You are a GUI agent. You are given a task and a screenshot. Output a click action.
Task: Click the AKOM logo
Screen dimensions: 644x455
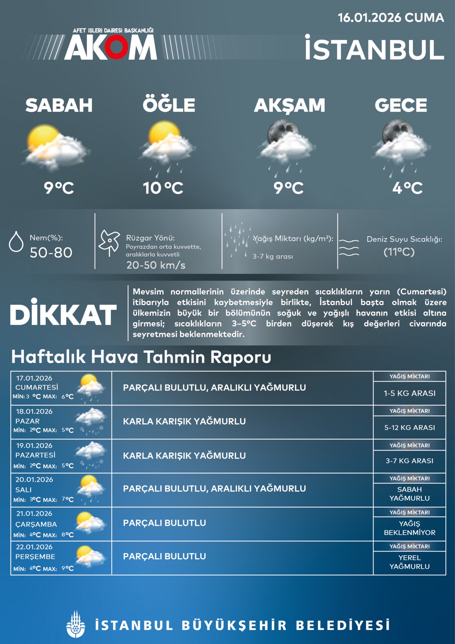[x=111, y=47]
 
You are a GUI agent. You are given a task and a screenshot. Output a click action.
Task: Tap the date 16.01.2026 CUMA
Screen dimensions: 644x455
[x=391, y=18]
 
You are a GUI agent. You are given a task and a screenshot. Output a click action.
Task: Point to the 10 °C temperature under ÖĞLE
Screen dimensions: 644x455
[x=163, y=188]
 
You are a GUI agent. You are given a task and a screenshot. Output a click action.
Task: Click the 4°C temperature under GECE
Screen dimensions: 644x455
[x=407, y=188]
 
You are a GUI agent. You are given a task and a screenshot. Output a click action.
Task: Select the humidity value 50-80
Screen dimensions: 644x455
[x=51, y=253]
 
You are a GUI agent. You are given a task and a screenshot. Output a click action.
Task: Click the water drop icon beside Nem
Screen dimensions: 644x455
[x=16, y=242]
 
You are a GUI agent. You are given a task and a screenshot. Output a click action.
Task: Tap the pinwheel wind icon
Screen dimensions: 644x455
[x=109, y=243]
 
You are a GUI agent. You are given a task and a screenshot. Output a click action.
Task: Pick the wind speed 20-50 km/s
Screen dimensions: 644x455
[x=156, y=265]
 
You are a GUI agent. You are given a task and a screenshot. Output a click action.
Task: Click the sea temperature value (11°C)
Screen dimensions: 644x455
[x=399, y=252]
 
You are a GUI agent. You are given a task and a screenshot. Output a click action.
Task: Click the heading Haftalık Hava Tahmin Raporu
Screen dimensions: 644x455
[x=141, y=357]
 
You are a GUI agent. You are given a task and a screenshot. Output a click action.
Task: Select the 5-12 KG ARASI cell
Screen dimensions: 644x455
[x=409, y=427]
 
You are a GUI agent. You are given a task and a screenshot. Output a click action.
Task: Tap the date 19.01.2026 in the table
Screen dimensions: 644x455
[x=34, y=445]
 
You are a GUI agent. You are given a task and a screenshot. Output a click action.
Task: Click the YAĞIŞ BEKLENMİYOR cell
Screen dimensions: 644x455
[x=409, y=528]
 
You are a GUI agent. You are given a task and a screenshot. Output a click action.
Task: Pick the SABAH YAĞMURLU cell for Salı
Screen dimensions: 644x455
[x=409, y=494]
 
